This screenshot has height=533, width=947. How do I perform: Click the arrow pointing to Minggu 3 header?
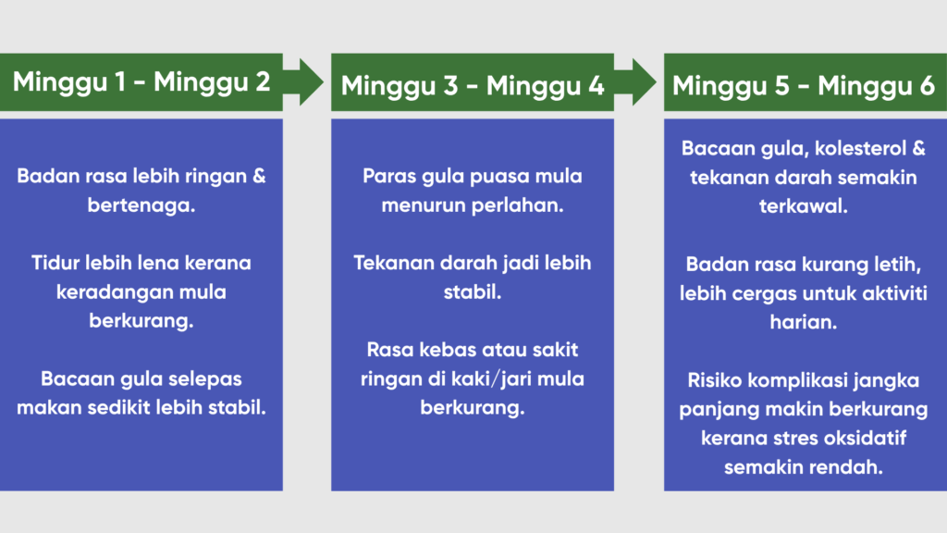click(303, 82)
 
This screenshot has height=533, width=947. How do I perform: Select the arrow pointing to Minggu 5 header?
click(635, 82)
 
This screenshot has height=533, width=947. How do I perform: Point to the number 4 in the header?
click(596, 85)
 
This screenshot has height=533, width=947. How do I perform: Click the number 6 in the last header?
click(927, 85)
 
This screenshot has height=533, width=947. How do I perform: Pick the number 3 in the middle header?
click(450, 85)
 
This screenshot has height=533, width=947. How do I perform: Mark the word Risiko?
click(715, 380)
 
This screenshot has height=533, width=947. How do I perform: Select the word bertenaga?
click(141, 205)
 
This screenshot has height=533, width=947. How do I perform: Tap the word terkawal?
click(804, 206)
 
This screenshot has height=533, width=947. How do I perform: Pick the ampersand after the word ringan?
click(259, 177)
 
